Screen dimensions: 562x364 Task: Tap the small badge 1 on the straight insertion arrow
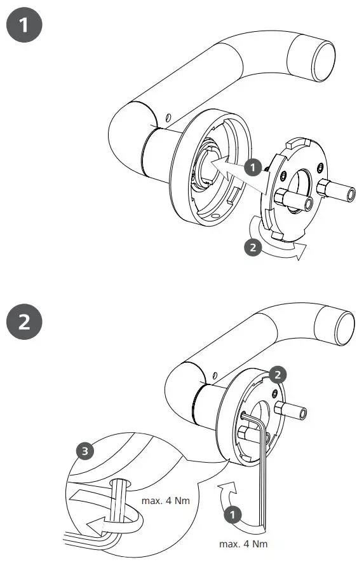coord(253,167)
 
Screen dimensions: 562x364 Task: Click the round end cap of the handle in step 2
coord(344,327)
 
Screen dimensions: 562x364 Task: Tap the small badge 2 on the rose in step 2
coord(276,374)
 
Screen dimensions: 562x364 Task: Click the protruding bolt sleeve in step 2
coord(293,412)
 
